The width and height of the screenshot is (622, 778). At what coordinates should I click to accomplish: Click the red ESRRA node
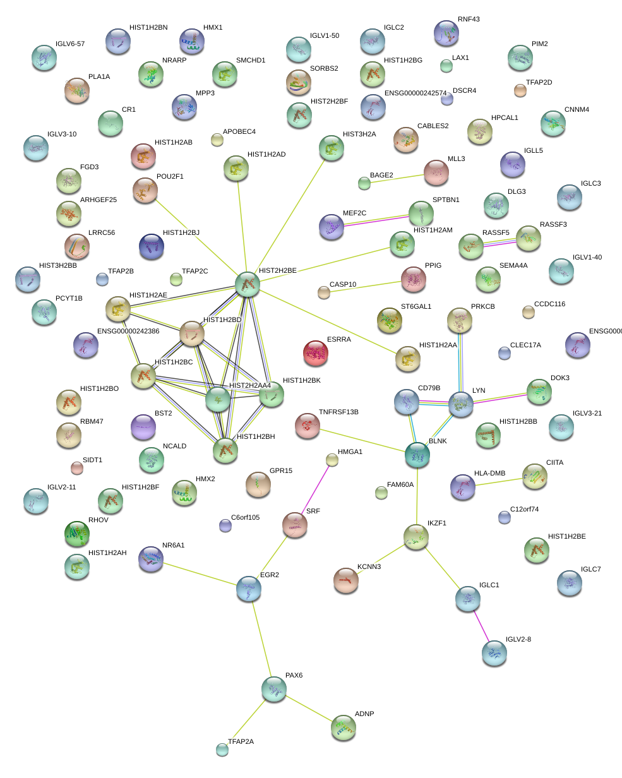click(x=316, y=353)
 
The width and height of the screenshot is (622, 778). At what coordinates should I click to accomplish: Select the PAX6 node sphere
click(x=274, y=689)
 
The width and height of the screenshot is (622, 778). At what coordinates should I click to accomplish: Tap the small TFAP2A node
click(x=222, y=750)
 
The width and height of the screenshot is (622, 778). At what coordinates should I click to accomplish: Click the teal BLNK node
click(x=417, y=455)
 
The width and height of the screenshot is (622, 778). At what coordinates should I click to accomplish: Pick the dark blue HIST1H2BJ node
click(x=152, y=246)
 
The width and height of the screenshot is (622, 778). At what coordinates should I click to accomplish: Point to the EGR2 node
click(x=248, y=589)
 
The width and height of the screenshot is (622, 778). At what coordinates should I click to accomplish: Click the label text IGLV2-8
click(x=518, y=639)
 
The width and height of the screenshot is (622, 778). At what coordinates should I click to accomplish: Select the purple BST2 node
click(x=143, y=427)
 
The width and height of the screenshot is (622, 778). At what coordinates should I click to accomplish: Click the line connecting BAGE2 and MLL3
click(x=397, y=179)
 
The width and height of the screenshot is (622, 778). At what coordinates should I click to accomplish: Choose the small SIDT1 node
click(x=76, y=468)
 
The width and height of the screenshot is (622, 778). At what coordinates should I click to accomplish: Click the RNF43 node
click(x=446, y=33)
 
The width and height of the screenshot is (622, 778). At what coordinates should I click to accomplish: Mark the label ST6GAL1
click(x=416, y=306)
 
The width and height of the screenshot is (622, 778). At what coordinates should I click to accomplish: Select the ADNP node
click(x=343, y=727)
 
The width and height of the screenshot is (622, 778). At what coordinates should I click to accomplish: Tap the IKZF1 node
click(x=416, y=537)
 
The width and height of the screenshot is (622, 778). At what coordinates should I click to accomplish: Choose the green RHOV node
click(x=76, y=534)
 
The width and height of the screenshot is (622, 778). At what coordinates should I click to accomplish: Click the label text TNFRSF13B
click(x=338, y=412)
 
